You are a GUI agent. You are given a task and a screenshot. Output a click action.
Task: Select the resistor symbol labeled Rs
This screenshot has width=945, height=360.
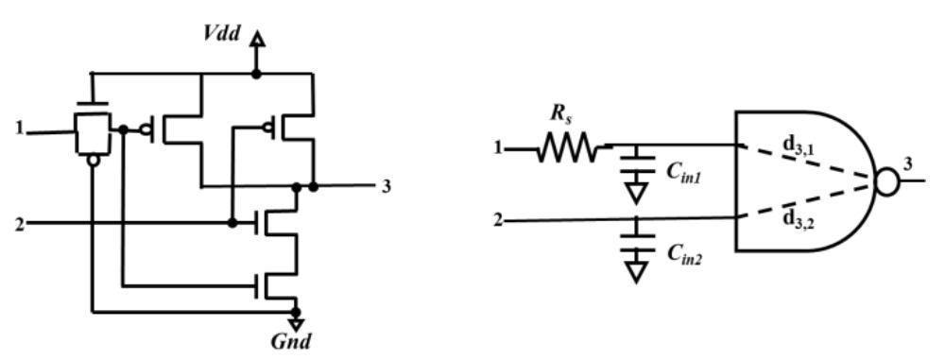point(566,148)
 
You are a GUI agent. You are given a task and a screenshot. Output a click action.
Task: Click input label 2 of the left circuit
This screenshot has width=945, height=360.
point(18,224)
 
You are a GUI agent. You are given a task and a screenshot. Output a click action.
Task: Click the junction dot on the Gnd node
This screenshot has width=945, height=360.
point(296,310)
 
